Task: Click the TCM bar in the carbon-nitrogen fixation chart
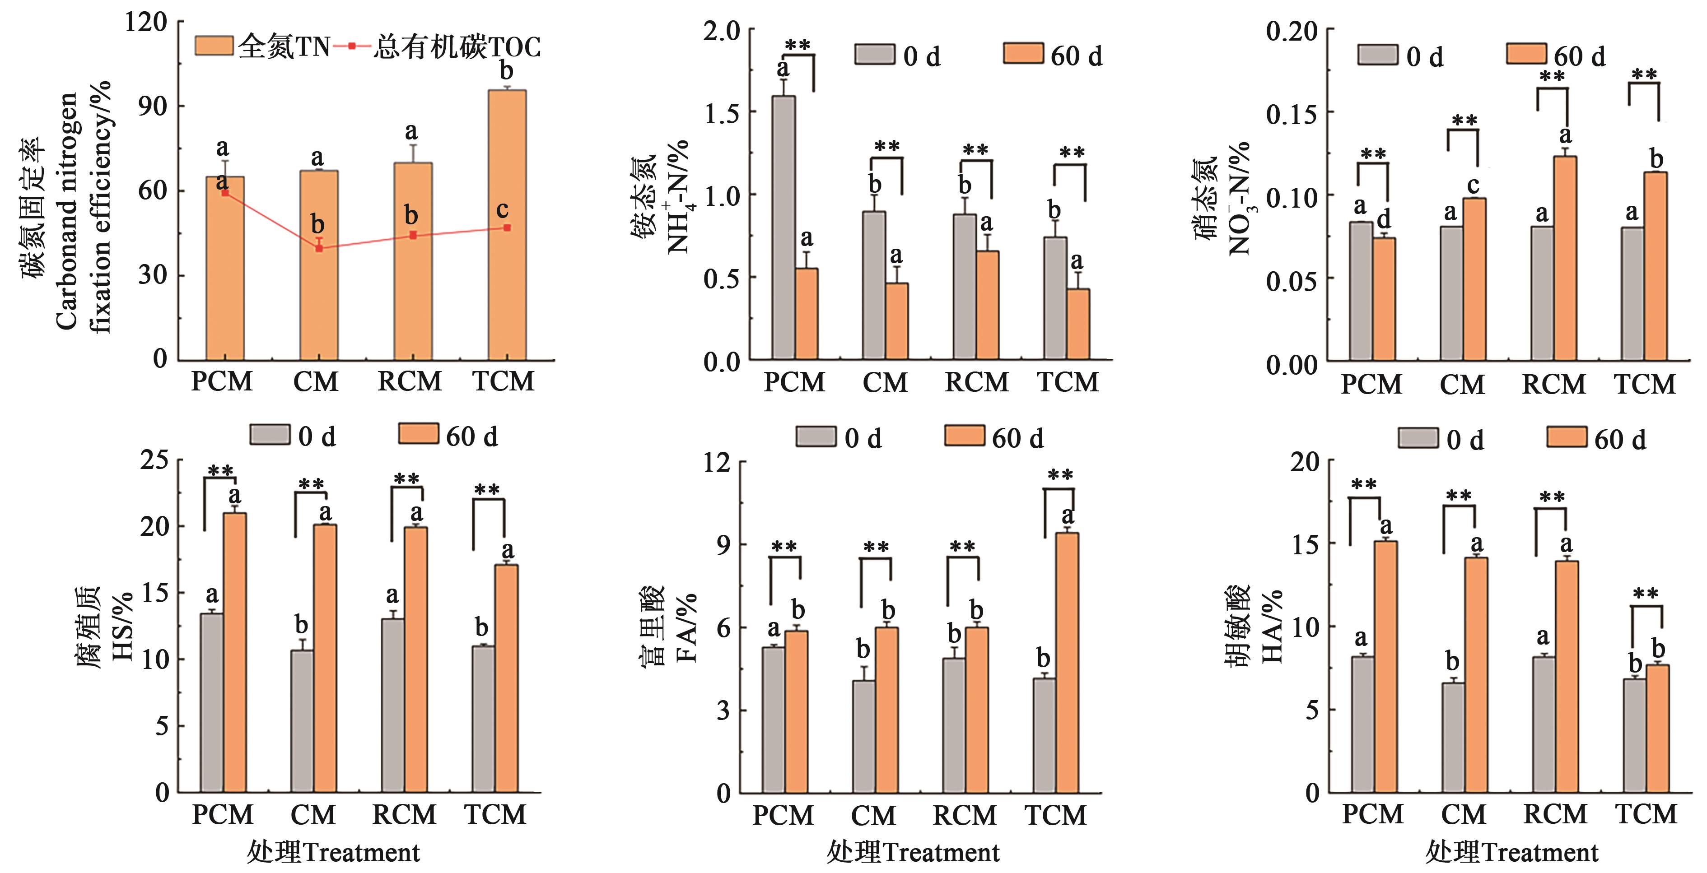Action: (507, 225)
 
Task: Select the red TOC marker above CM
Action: (319, 248)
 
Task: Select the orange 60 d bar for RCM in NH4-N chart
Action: (987, 305)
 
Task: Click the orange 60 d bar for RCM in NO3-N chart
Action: (1565, 258)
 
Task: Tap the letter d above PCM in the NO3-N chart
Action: (1384, 218)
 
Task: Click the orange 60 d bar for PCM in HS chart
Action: (234, 652)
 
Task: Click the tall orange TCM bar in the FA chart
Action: (1066, 662)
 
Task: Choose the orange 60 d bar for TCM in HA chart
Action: (1657, 729)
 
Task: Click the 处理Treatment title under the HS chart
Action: (333, 853)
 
